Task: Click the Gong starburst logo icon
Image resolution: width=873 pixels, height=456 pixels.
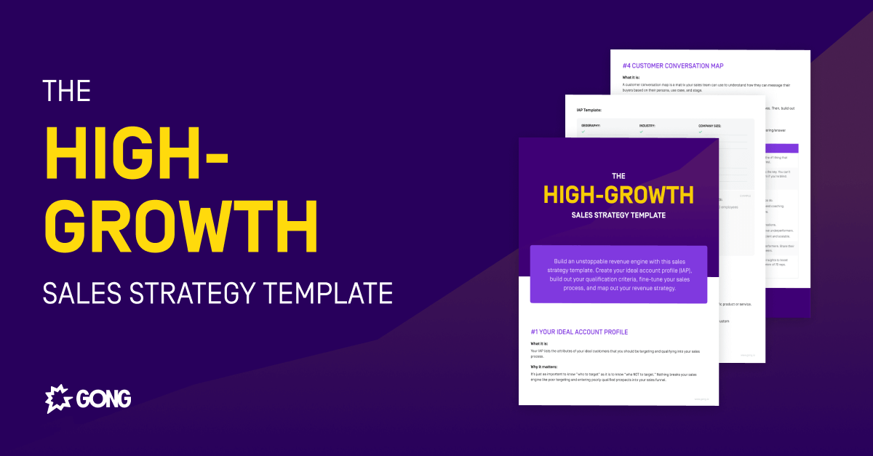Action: (58, 399)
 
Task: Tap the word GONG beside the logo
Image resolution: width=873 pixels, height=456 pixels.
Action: (102, 399)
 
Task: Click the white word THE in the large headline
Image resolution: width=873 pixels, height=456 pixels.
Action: (67, 91)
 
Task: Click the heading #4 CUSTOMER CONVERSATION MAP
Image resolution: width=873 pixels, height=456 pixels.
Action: (672, 65)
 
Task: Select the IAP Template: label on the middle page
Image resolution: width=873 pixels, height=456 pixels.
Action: (589, 111)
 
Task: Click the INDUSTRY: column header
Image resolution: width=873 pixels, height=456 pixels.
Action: (647, 126)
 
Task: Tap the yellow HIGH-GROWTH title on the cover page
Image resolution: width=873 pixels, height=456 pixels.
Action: (618, 195)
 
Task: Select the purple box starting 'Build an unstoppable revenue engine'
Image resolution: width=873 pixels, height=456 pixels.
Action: (618, 274)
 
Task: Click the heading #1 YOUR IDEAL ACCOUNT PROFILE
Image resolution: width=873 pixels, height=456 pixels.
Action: (579, 332)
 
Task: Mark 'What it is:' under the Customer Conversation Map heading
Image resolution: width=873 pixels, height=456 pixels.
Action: (634, 77)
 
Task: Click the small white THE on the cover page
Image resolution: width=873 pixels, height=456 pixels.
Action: (618, 175)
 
